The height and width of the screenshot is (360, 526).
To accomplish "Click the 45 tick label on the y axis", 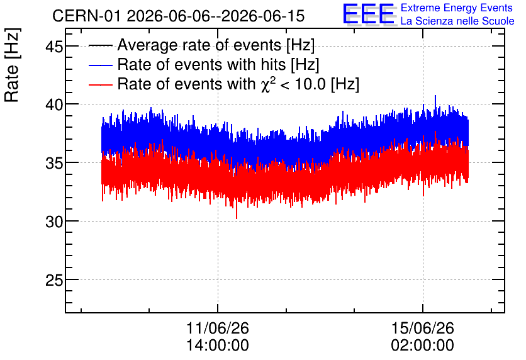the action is pos(54,47).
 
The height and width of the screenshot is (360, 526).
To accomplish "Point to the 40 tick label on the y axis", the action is pos(54,104).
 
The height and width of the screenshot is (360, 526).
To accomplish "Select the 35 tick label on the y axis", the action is pos(54,163).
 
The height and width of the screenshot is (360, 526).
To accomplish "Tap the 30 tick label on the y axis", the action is pos(54,222).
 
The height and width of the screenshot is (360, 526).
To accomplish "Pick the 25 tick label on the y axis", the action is pos(54,280).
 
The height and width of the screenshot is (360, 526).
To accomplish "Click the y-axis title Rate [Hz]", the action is pos(12,65).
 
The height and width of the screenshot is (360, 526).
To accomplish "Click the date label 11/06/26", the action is pos(217,328).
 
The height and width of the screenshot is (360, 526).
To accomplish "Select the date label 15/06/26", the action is pos(422,328).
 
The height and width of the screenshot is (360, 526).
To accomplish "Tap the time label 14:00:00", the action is pos(217,345).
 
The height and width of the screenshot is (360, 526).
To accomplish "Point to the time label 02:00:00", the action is pos(422,345).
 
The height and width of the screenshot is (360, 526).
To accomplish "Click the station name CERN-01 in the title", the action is pos(86,16).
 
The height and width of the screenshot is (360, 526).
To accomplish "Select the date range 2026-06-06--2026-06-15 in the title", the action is pos(216,16).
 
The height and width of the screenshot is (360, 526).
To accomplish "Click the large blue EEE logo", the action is pos(369,14).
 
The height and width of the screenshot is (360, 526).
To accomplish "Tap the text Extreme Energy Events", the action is pos(457,8).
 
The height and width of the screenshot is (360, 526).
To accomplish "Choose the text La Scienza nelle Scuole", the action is pos(457,21).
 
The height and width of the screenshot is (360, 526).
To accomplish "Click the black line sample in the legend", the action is pos(100,45).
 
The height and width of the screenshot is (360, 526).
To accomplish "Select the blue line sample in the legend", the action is pos(100,65).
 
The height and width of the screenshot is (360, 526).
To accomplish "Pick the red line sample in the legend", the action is pos(100,84).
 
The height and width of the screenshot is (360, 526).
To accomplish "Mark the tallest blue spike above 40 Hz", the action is pos(435,96).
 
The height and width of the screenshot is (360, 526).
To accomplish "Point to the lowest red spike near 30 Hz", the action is pos(237,218).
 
